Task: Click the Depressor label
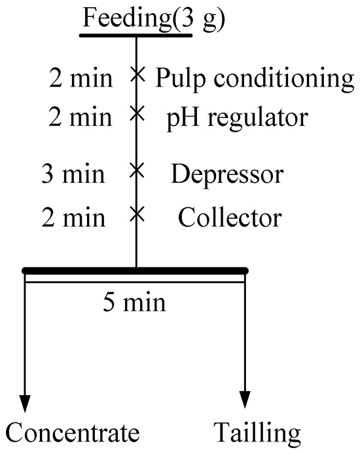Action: click(x=227, y=175)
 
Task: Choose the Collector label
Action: click(x=230, y=217)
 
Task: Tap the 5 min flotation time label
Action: click(x=134, y=304)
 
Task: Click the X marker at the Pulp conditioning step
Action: click(x=136, y=74)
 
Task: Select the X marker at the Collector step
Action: click(x=136, y=213)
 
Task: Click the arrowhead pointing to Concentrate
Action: click(x=26, y=400)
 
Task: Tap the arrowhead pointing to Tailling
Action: click(x=245, y=400)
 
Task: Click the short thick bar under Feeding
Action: click(x=136, y=35)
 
